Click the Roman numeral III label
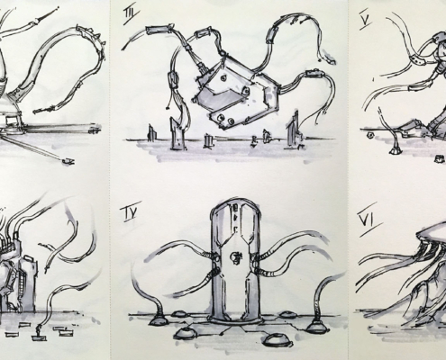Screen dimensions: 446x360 pyautogui.click(x=132, y=14)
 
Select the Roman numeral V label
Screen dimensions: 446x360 pyautogui.click(x=365, y=21)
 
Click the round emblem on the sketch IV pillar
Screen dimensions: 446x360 pyautogui.click(x=235, y=257)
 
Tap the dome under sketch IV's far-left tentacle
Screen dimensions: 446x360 pyautogui.click(x=159, y=321)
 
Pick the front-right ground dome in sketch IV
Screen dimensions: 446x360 pyautogui.click(x=278, y=339)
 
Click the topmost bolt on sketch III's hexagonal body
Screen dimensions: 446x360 pyautogui.click(x=223, y=78)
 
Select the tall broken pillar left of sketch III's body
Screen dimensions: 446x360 pyautogui.click(x=177, y=133)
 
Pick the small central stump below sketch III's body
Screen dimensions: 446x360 pyautogui.click(x=208, y=140)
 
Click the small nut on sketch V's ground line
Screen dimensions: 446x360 pyautogui.click(x=370, y=135)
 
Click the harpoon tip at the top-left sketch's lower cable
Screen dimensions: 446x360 pyautogui.click(x=68, y=161)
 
